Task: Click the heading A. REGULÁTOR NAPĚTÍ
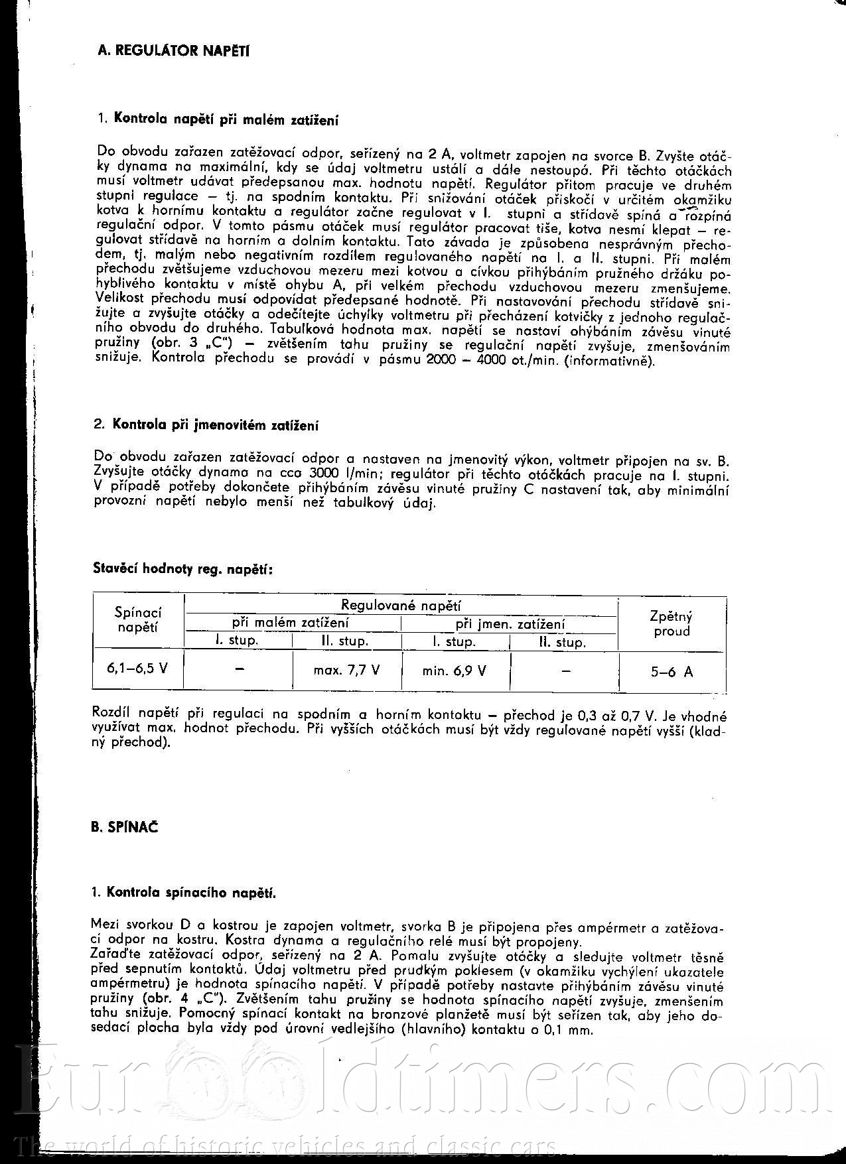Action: click(x=173, y=50)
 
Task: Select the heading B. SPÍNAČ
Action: click(x=125, y=827)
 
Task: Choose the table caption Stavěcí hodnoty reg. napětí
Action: click(x=182, y=568)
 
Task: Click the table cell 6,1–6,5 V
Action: click(x=137, y=669)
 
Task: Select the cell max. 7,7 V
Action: click(x=346, y=670)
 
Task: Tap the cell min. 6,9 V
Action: click(x=455, y=671)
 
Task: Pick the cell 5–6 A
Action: click(x=671, y=672)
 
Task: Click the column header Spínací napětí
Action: click(x=137, y=619)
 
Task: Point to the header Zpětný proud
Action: click(x=671, y=623)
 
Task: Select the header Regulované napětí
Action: click(x=401, y=605)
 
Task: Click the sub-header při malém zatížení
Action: click(x=290, y=623)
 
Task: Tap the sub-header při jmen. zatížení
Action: click(x=510, y=624)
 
